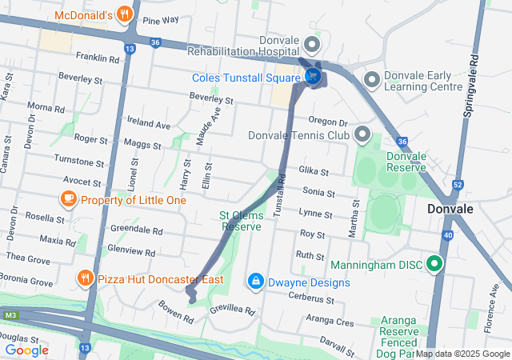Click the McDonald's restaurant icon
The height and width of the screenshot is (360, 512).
(x=123, y=14)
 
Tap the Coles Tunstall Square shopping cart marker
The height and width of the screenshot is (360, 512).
(x=313, y=77)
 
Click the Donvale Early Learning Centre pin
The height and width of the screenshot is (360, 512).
(x=371, y=79)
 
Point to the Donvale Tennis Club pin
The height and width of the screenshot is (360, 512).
(x=363, y=134)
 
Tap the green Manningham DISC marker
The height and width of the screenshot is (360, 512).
(x=434, y=262)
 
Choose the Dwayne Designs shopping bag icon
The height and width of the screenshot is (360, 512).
(x=255, y=282)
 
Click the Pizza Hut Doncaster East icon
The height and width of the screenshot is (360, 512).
(x=85, y=278)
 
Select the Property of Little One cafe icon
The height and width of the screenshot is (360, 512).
(x=69, y=199)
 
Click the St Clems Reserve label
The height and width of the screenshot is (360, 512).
(x=241, y=221)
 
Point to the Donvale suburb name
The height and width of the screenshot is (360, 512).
(x=451, y=209)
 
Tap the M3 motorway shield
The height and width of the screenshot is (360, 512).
(x=10, y=316)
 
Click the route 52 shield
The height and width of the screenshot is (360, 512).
(x=458, y=185)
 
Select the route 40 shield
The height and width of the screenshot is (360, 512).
(x=447, y=235)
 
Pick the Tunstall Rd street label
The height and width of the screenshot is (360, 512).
(x=280, y=196)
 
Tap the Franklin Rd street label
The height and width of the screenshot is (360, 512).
(x=98, y=58)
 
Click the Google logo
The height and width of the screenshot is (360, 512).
(x=27, y=350)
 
